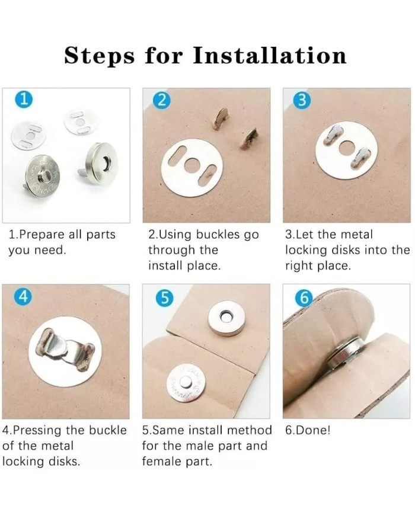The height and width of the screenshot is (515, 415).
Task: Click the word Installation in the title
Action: pos(269,55)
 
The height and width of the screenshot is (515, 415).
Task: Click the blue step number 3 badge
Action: pos(303,100)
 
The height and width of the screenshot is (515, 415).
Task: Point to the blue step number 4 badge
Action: pos(23,296)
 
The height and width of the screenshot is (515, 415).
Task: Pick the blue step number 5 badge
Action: pos(165,298)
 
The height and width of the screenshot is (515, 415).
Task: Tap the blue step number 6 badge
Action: pos(304,298)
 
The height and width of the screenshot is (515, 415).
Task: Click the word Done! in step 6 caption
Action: pos(313,430)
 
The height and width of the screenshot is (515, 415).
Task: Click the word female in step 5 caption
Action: pos(161,462)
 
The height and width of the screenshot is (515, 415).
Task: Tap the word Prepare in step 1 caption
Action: pos(42,235)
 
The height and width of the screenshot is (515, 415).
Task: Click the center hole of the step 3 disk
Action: pos(346,149)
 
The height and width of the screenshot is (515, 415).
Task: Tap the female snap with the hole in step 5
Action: pos(225,318)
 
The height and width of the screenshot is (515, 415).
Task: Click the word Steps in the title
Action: pos(99,56)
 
